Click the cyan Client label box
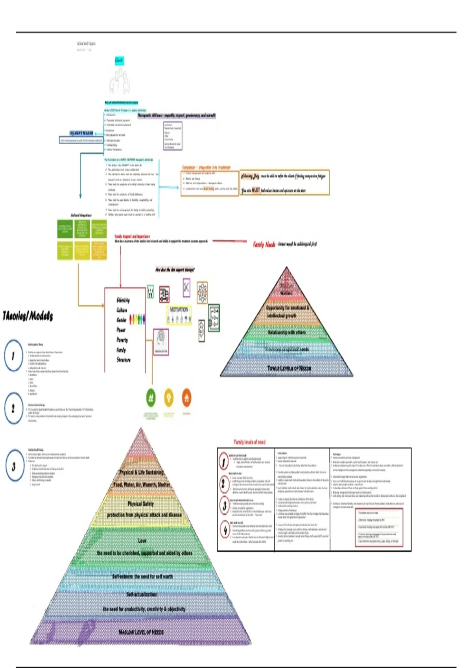point(119,60)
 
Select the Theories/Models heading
point(28,316)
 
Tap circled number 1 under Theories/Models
point(13,356)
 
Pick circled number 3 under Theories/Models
point(14,466)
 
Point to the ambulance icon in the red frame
point(164,294)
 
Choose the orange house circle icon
point(187,398)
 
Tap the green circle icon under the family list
point(151,398)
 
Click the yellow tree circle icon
point(169,398)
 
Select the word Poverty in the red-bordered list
point(122,340)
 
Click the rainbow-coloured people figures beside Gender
point(137,319)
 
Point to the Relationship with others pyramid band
point(286,332)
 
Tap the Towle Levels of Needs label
point(289,368)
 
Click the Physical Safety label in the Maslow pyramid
point(141,504)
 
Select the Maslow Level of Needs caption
point(141,632)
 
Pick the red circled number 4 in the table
point(225,530)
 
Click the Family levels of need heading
point(249,442)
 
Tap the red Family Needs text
point(264,244)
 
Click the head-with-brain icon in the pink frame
point(161,341)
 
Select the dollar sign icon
point(201,330)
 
